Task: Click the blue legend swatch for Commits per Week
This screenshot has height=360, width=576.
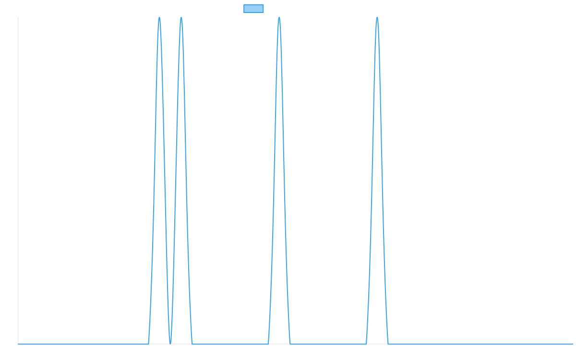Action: [253, 9]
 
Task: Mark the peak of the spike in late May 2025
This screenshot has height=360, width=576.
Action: [279, 18]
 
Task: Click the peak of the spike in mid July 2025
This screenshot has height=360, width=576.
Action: [377, 18]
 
